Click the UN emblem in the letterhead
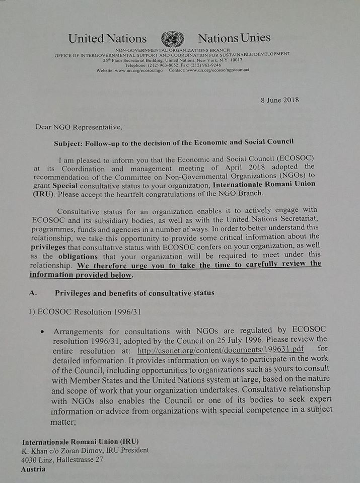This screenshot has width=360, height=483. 172,39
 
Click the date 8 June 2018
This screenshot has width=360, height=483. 280,100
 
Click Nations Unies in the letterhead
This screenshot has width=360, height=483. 234,38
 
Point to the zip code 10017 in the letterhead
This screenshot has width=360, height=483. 233,60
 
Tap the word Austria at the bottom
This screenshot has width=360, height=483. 33,469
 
